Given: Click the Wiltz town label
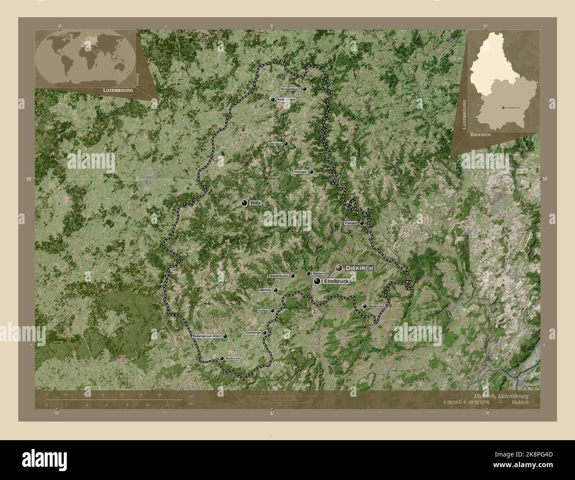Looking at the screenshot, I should tap(256, 203).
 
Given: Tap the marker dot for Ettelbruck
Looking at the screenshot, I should tap(317, 281).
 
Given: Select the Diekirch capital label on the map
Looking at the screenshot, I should tap(360, 268).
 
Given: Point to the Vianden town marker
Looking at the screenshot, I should tap(362, 223).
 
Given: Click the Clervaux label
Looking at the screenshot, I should tap(275, 144).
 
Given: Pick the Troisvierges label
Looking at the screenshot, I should tap(286, 100).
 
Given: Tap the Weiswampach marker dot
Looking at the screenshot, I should tap(305, 89).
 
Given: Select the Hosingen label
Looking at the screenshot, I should tap(300, 172).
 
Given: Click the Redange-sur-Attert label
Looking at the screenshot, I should tap(207, 337).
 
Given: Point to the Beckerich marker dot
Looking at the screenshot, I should tap(222, 358).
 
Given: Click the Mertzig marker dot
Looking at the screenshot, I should tap(276, 290).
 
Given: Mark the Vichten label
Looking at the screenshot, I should tap(263, 311).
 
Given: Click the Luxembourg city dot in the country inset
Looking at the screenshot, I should tap(503, 108).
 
